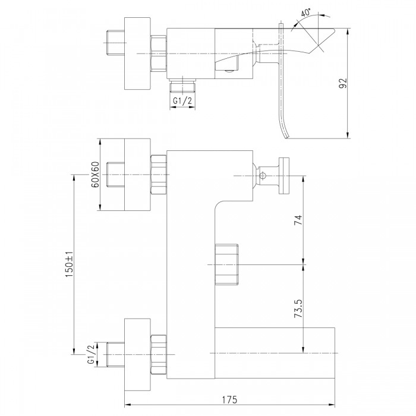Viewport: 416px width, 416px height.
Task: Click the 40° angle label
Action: [x=305, y=13]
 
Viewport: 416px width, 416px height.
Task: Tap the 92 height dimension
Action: [x=343, y=83]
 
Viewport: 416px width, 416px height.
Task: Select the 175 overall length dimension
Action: [x=230, y=399]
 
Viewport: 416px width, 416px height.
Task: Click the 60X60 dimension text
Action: [x=95, y=174]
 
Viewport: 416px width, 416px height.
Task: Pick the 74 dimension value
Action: [x=298, y=220]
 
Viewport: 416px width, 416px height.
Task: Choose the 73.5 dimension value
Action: [x=298, y=309]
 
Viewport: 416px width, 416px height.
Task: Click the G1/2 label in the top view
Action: [x=182, y=101]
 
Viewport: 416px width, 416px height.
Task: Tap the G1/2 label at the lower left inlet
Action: [x=90, y=354]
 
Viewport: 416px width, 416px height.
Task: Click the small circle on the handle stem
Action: [x=263, y=175]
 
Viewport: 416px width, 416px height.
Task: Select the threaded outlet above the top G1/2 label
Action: [x=182, y=86]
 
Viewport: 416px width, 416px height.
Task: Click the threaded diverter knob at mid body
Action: [x=226, y=264]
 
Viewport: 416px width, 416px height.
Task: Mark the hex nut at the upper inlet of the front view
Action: [x=159, y=175]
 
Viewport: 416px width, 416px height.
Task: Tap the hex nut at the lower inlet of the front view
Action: [x=159, y=355]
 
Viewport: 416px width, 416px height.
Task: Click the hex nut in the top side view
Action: [x=159, y=53]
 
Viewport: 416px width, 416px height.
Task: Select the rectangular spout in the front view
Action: [x=275, y=353]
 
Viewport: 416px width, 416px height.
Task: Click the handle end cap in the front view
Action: [x=284, y=176]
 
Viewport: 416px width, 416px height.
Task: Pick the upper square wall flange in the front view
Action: [x=137, y=175]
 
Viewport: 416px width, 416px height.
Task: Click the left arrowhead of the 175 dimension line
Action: [x=128, y=405]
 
